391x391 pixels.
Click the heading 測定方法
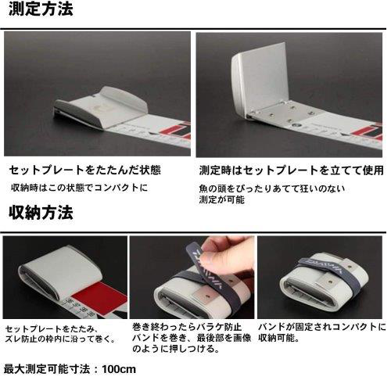(x=41, y=9)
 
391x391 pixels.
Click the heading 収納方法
(x=41, y=213)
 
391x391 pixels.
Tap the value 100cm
(x=119, y=369)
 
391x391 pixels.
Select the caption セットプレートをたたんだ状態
(x=85, y=170)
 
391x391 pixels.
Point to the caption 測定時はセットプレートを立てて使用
(x=292, y=170)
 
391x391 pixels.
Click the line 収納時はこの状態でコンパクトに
(x=80, y=188)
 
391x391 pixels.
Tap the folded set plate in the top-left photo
(x=102, y=107)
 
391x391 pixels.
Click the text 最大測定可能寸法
(x=47, y=369)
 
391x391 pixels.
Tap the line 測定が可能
(x=222, y=199)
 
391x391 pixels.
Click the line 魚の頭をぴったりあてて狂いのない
(x=272, y=188)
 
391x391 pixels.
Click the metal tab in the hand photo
(x=206, y=294)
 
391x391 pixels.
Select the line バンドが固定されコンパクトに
(x=322, y=327)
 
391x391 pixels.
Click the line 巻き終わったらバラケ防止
(x=187, y=327)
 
